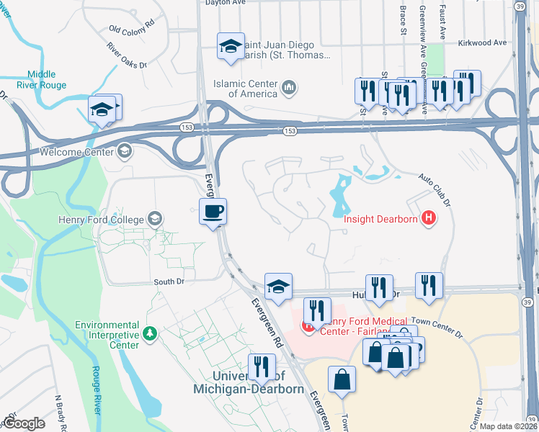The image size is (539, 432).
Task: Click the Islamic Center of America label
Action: [245, 89]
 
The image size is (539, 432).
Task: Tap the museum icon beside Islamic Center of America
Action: [290, 88]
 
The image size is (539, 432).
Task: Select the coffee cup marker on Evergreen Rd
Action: [213, 212]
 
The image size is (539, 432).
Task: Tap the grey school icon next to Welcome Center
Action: [125, 151]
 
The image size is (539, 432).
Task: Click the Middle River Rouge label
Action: [47, 80]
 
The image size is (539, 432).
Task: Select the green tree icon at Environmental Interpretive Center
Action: [150, 333]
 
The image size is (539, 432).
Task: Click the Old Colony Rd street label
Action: [131, 27]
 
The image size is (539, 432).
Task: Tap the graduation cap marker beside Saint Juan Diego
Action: [231, 47]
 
